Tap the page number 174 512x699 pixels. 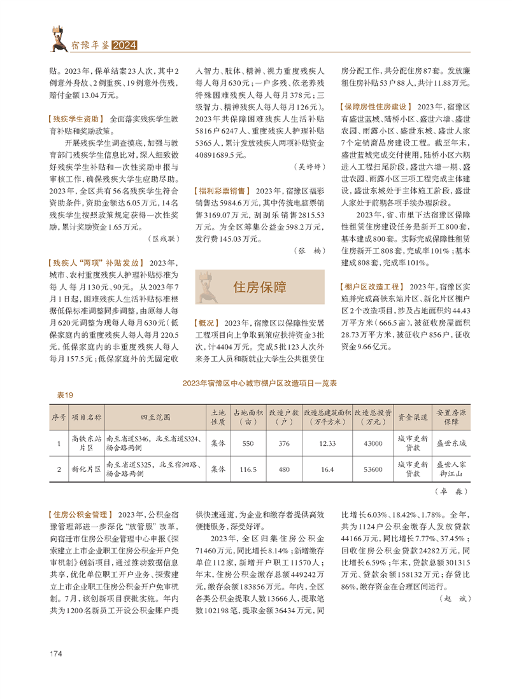point(56,654)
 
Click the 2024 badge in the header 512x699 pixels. point(125,46)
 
